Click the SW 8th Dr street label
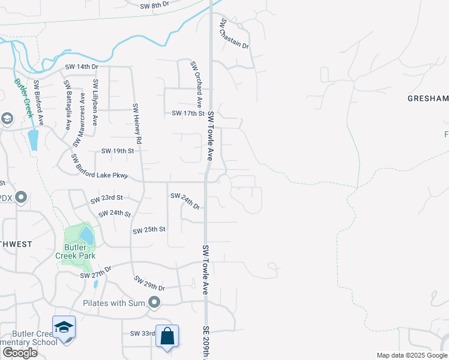click(x=155, y=6)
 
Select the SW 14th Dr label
click(x=82, y=67)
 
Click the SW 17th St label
click(x=188, y=113)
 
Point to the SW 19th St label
click(x=117, y=151)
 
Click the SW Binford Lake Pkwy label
click(x=100, y=166)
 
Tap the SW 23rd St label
click(x=106, y=197)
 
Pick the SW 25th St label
click(x=149, y=230)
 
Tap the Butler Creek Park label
click(x=76, y=251)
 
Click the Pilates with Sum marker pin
click(x=155, y=303)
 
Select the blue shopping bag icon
click(x=167, y=336)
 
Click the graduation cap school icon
click(x=64, y=327)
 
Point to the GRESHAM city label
click(x=428, y=98)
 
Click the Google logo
click(x=20, y=353)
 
